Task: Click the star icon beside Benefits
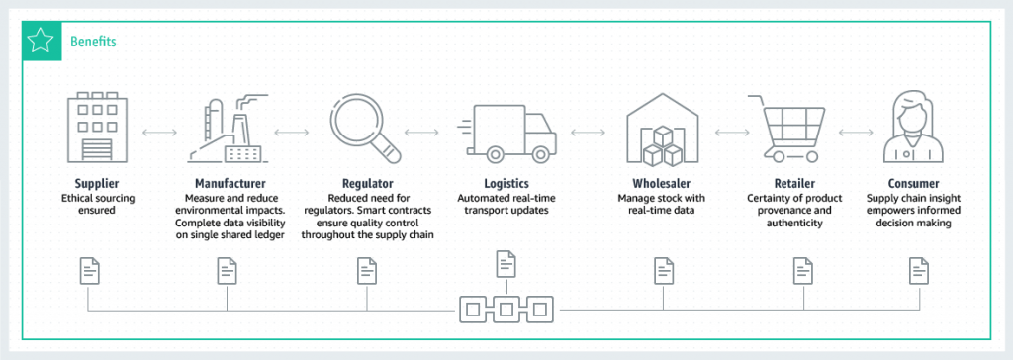click(40, 42)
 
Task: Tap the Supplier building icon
click(96, 131)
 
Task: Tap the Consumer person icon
click(913, 130)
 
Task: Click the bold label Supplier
click(97, 184)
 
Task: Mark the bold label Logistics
click(507, 184)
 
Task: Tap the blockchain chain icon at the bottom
click(506, 310)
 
